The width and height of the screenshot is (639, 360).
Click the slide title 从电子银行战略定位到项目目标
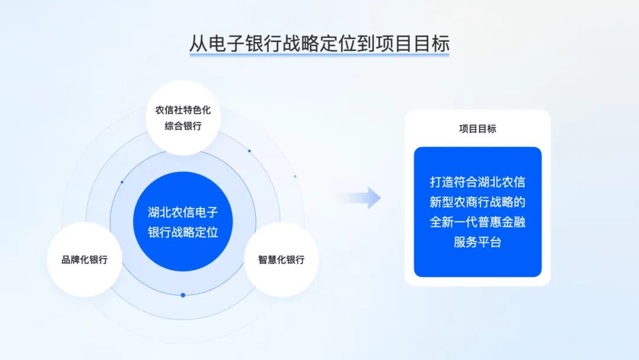[319, 43]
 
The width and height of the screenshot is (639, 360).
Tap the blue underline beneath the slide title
[319, 55]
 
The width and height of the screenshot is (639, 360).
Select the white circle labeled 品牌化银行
[85, 259]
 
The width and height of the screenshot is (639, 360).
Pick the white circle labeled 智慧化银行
[281, 259]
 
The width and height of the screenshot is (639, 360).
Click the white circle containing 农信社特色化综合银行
[183, 118]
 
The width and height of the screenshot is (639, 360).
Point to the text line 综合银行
[183, 126]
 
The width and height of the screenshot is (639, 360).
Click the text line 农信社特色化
[183, 110]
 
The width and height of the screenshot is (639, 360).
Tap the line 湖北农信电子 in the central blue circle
[183, 212]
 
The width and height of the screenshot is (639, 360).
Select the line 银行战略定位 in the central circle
[183, 232]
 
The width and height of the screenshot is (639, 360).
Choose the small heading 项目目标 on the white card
[477, 128]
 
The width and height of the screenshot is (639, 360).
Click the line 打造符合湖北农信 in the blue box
[477, 182]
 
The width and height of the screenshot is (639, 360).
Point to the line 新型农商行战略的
[477, 202]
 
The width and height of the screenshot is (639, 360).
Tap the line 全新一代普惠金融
[477, 222]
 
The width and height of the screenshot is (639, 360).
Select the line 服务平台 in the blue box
[477, 242]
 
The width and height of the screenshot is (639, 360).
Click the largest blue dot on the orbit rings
[183, 295]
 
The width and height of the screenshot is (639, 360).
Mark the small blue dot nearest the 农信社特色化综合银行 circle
[249, 151]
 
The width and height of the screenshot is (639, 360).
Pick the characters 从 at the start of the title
[198, 43]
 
